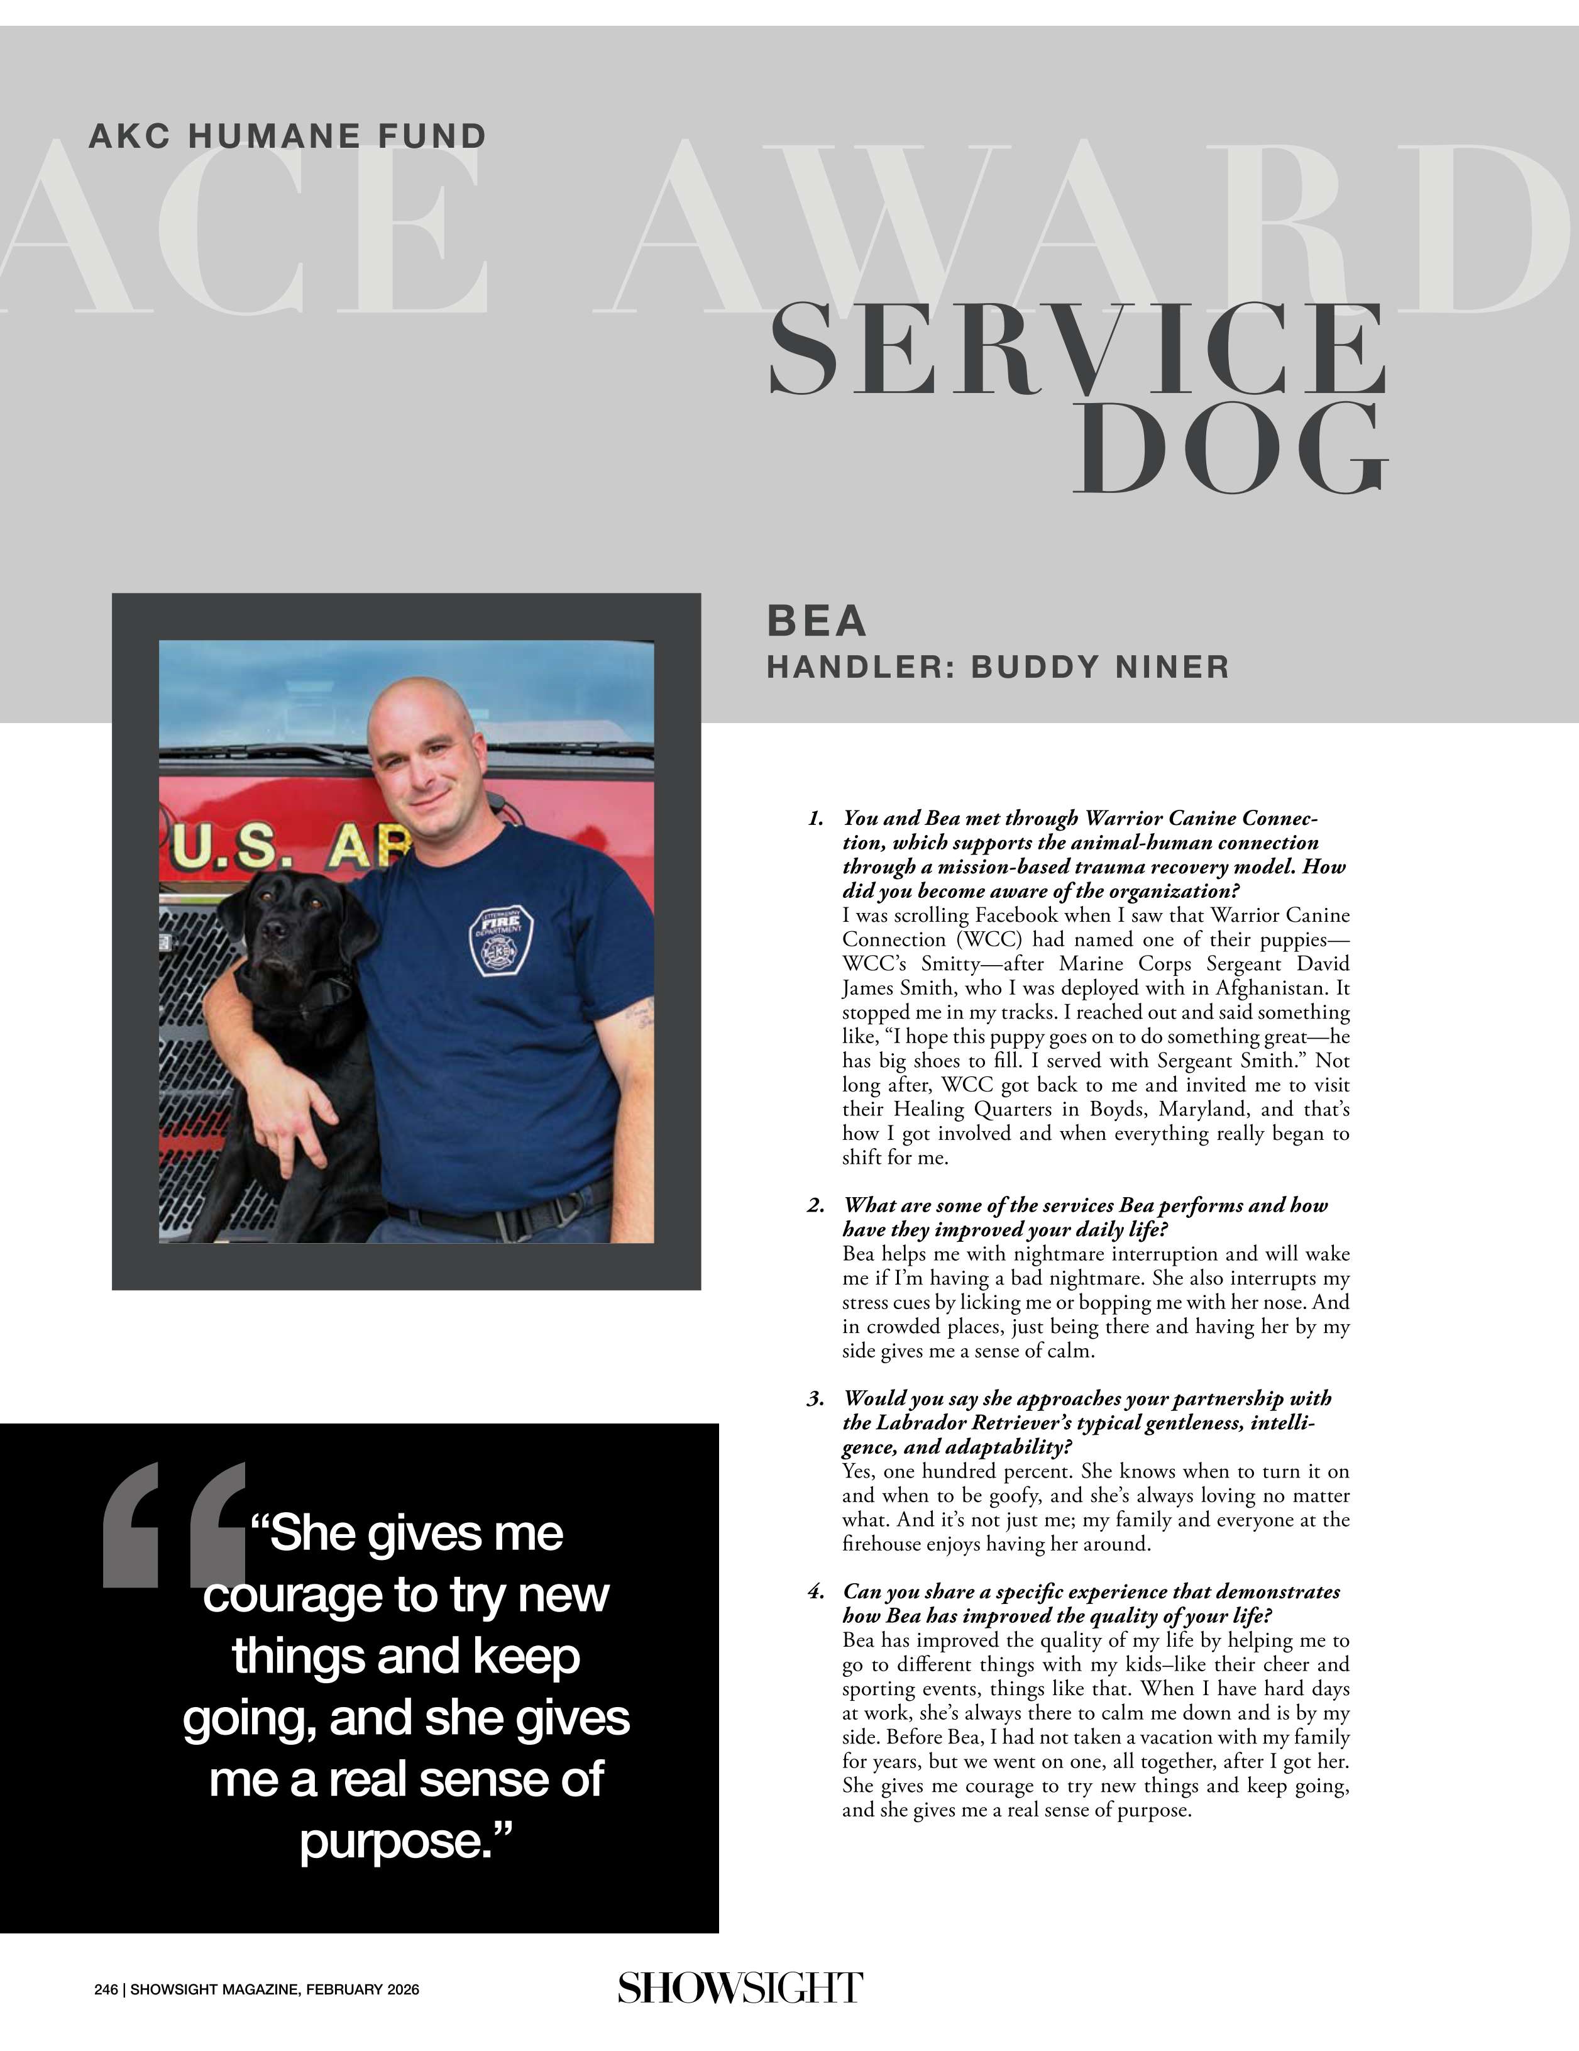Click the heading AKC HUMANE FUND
click(287, 136)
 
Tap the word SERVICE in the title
click(1077, 350)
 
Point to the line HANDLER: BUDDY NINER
click(998, 666)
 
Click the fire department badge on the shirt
click(502, 941)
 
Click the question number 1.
click(815, 818)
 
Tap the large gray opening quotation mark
click(173, 1526)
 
